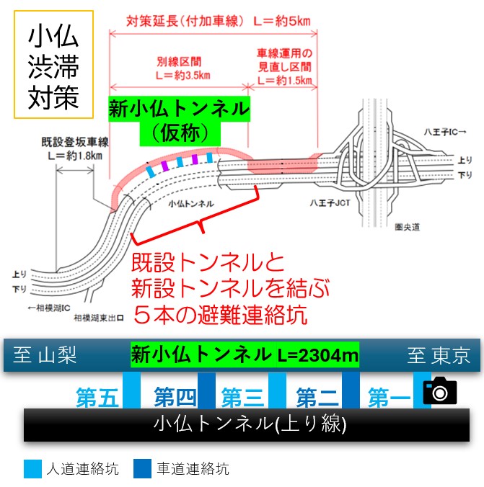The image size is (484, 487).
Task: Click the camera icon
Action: (440, 390)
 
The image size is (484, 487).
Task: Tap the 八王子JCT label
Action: (330, 203)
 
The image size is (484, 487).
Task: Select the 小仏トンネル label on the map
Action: (191, 204)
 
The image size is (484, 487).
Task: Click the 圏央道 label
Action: (407, 228)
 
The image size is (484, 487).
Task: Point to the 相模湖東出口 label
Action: (99, 318)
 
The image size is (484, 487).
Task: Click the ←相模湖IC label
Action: (49, 308)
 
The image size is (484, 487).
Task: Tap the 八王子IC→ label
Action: (445, 132)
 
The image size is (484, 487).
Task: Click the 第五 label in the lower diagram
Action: (97, 397)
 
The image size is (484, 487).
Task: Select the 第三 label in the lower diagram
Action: (243, 397)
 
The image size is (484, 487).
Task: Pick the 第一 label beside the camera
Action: (389, 397)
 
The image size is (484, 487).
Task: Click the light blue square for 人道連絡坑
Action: (32, 469)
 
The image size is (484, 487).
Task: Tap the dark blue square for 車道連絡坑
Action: (143, 469)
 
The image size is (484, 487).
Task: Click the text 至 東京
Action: (439, 355)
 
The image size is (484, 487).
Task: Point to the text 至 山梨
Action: (45, 355)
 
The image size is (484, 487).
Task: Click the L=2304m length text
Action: (317, 355)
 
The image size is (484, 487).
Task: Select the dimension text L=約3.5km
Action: (183, 75)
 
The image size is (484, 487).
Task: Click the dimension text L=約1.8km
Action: (75, 156)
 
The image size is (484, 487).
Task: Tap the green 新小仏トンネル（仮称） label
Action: (179, 121)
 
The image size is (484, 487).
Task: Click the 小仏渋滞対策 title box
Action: (54, 65)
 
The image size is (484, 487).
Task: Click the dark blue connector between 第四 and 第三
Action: (206, 390)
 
